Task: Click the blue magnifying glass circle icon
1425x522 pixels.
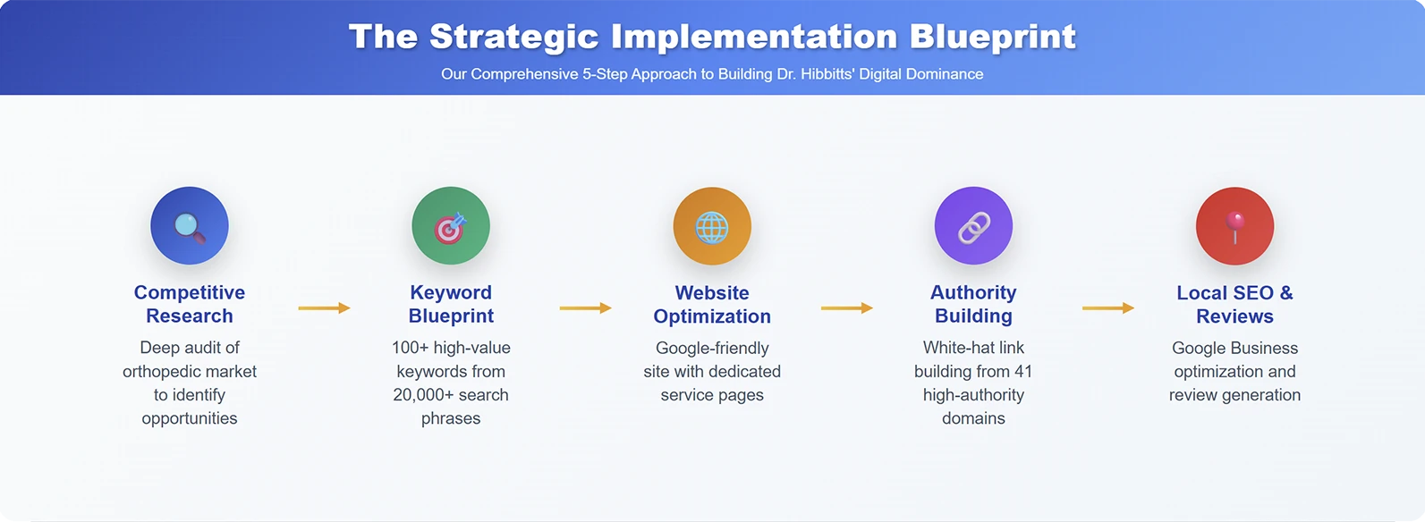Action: [190, 226]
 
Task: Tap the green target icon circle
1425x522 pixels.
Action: [451, 226]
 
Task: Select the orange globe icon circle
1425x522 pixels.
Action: [712, 226]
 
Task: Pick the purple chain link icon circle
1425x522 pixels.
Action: [973, 226]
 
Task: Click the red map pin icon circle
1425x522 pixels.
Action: [1234, 226]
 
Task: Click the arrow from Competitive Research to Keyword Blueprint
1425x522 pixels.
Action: [325, 308]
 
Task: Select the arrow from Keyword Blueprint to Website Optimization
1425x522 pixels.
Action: [586, 308]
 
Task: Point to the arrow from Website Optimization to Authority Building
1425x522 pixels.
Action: [847, 308]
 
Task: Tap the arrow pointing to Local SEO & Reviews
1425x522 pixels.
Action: [1108, 308]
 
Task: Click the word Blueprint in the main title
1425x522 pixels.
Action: [992, 37]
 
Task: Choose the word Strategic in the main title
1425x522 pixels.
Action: [514, 37]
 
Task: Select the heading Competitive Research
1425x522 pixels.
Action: [190, 304]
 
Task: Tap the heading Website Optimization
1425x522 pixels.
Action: [712, 305]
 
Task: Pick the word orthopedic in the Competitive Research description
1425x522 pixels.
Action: [161, 372]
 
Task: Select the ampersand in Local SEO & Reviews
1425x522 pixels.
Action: [1285, 293]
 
